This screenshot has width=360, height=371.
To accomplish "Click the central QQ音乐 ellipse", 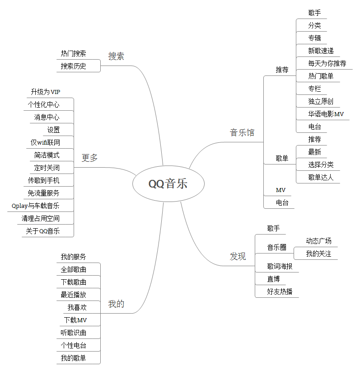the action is pyautogui.click(x=168, y=184).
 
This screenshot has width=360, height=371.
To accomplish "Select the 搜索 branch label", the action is pyautogui.click(x=116, y=56).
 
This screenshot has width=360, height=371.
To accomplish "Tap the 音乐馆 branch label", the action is pyautogui.click(x=242, y=132).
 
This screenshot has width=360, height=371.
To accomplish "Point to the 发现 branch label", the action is pyautogui.click(x=238, y=257).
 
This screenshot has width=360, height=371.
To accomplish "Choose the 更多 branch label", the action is pyautogui.click(x=89, y=158).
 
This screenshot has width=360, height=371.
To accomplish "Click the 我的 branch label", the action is pyautogui.click(x=116, y=304).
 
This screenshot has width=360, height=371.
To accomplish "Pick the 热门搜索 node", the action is pyautogui.click(x=74, y=53).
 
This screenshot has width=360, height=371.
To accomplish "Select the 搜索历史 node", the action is pyautogui.click(x=74, y=66).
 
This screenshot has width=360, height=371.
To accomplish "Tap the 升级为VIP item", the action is pyautogui.click(x=45, y=92).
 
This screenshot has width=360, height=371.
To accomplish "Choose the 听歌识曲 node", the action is pyautogui.click(x=74, y=333).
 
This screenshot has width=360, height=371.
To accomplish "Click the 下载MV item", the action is pyautogui.click(x=75, y=320).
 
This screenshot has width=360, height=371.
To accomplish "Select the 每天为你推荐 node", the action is pyautogui.click(x=327, y=63).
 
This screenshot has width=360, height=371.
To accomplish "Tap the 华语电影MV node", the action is pyautogui.click(x=326, y=114).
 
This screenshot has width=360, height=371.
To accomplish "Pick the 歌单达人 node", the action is pyautogui.click(x=321, y=177).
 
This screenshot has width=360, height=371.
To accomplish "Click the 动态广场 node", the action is pyautogui.click(x=318, y=241).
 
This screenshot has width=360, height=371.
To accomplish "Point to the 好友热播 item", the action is pyautogui.click(x=280, y=291).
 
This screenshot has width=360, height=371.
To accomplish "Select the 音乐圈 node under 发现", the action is pyautogui.click(x=276, y=247).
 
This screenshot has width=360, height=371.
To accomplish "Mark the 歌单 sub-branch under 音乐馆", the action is pyautogui.click(x=282, y=158).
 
